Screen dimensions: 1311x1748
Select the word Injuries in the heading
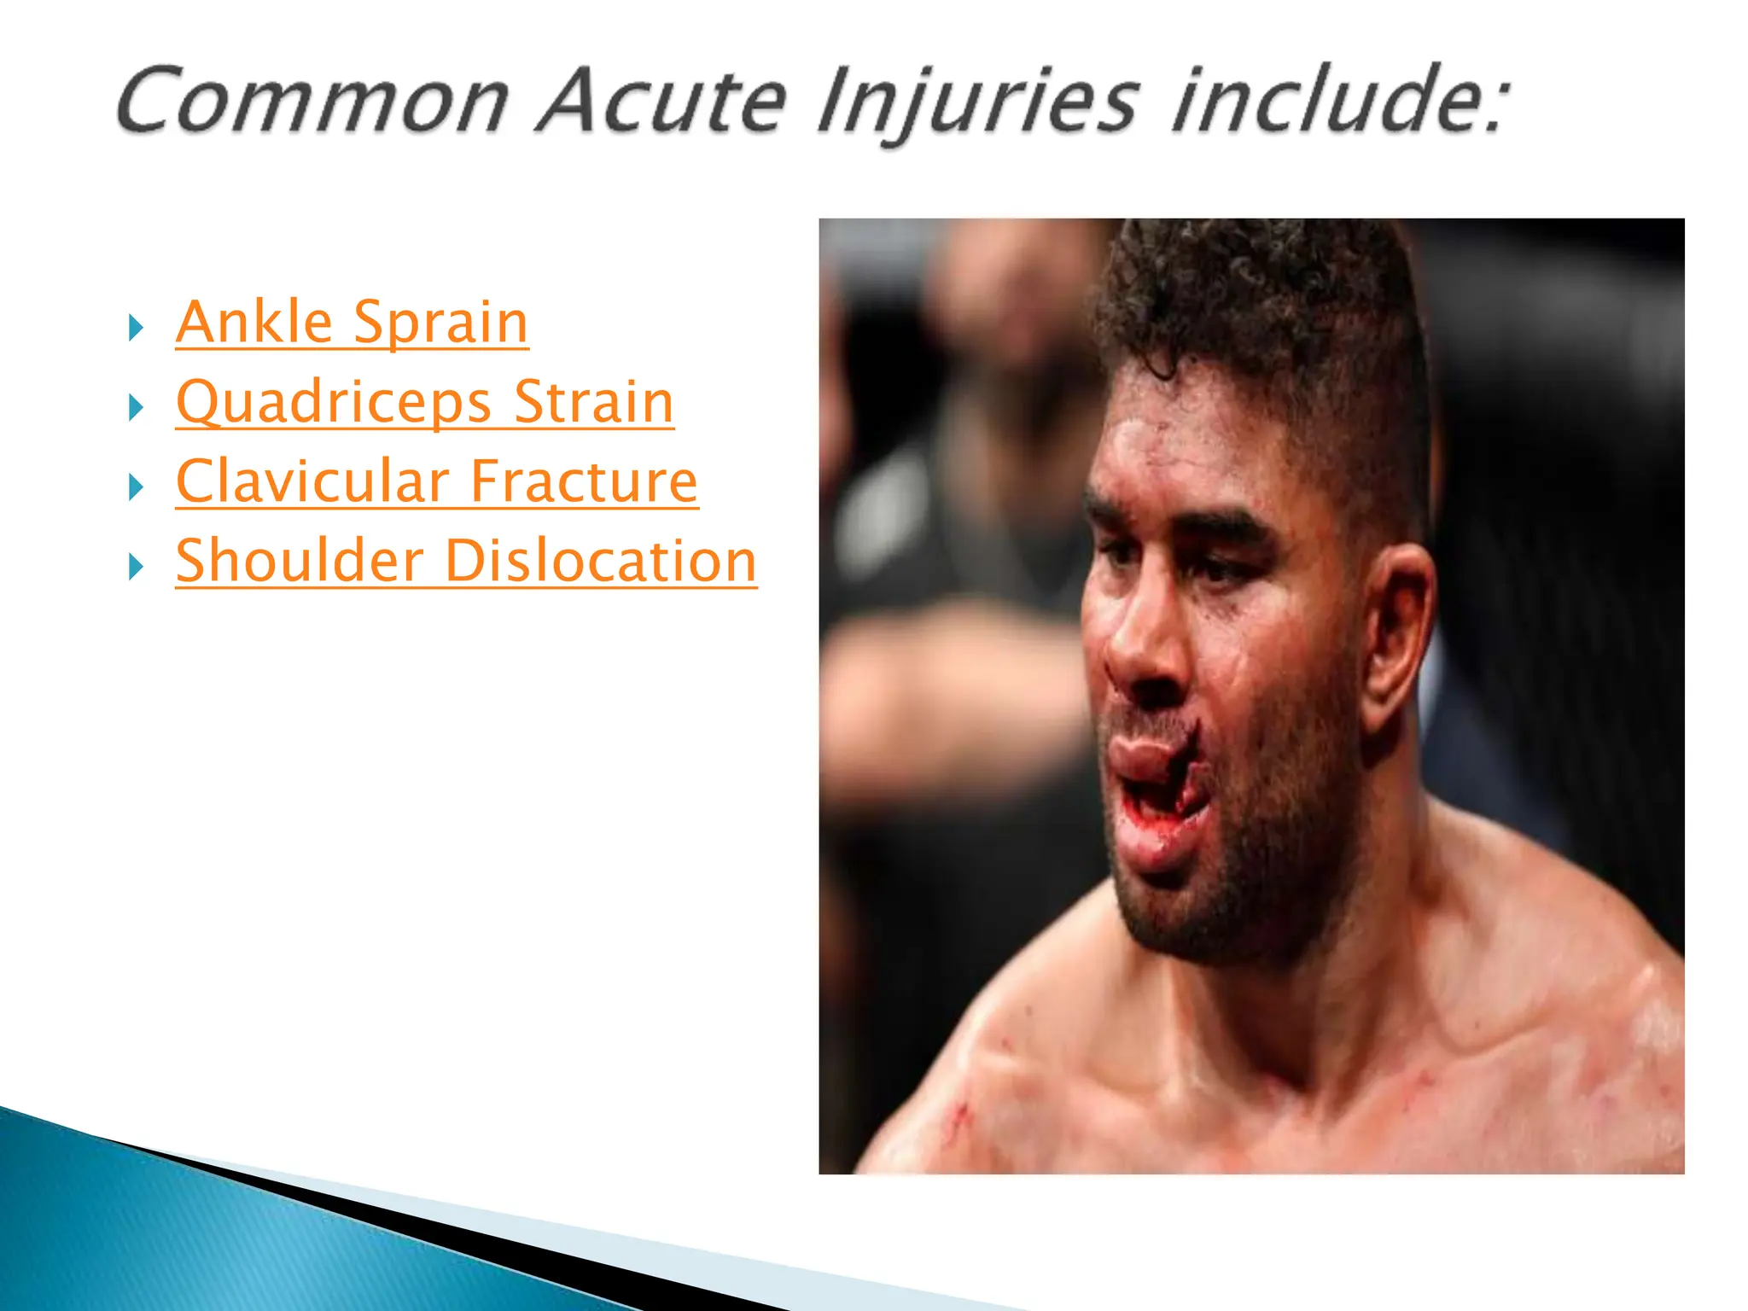[977, 102]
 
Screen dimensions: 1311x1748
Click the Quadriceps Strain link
[425, 402]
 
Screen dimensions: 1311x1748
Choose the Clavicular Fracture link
[437, 481]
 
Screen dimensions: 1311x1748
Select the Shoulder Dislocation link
[466, 561]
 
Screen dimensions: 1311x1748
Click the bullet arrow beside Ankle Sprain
[136, 328]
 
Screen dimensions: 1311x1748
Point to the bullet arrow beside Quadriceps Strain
[136, 407]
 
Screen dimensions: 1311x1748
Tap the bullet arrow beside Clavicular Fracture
[136, 487]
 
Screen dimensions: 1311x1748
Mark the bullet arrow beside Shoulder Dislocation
[136, 566]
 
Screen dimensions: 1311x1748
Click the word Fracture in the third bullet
[584, 481]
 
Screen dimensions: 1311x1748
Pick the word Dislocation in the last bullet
[601, 561]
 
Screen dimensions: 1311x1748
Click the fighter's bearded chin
[1195, 913]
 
